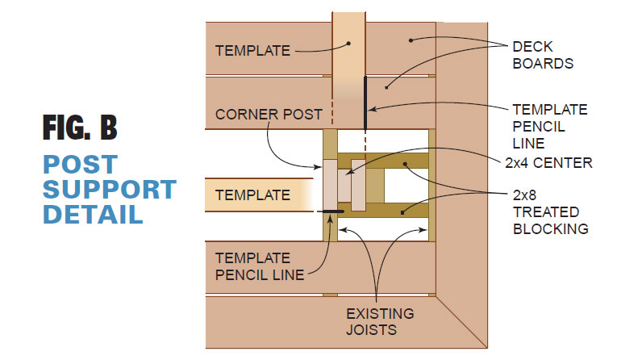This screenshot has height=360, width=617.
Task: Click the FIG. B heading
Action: click(x=80, y=129)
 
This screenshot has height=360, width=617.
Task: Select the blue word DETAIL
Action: click(x=93, y=215)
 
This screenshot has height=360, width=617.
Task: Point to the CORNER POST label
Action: click(x=270, y=114)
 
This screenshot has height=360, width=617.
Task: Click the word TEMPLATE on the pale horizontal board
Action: click(x=252, y=195)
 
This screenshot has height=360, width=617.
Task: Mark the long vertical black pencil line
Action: click(x=365, y=101)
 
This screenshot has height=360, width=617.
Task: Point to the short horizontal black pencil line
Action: click(x=330, y=211)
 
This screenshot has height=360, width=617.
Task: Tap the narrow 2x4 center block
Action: click(x=358, y=185)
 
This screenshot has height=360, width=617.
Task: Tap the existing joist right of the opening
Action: click(x=432, y=186)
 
